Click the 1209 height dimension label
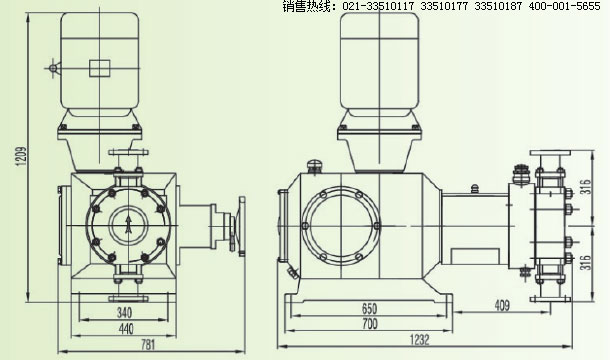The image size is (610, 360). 22,156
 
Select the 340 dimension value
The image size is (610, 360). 124,312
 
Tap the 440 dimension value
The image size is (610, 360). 125,329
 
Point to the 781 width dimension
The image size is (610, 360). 148,345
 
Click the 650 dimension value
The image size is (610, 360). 369,309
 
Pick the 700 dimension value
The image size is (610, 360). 369,323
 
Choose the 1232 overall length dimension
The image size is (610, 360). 420,340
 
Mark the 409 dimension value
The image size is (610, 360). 502,305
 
